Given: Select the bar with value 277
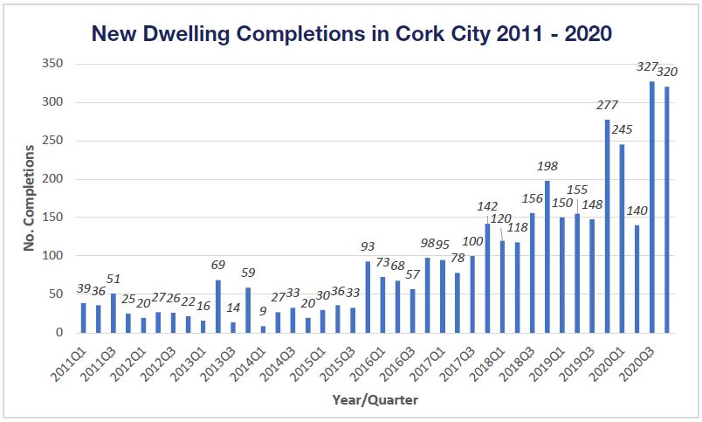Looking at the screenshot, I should pos(607,226).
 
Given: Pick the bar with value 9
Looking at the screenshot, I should pos(263,329).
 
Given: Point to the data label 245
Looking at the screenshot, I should pos(623,129).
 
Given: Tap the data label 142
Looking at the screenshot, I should pos(487,207).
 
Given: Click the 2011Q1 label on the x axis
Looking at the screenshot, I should pos(66,359).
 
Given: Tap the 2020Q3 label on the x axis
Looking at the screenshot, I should pos(636,359).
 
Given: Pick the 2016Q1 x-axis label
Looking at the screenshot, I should pos(365,359).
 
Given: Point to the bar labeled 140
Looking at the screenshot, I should pos(637,279).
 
